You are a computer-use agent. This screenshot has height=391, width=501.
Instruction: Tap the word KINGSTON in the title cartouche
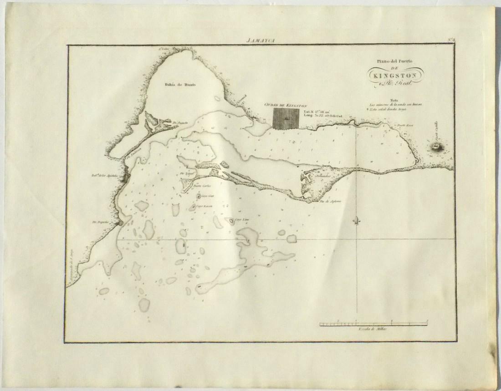pyautogui.click(x=396, y=75)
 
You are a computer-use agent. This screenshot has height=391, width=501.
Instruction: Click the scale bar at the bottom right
pyautogui.click(x=373, y=324)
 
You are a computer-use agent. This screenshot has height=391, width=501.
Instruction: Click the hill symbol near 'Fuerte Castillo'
pyautogui.click(x=437, y=146)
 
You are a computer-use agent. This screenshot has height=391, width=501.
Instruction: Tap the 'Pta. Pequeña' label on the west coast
pyautogui.click(x=99, y=223)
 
